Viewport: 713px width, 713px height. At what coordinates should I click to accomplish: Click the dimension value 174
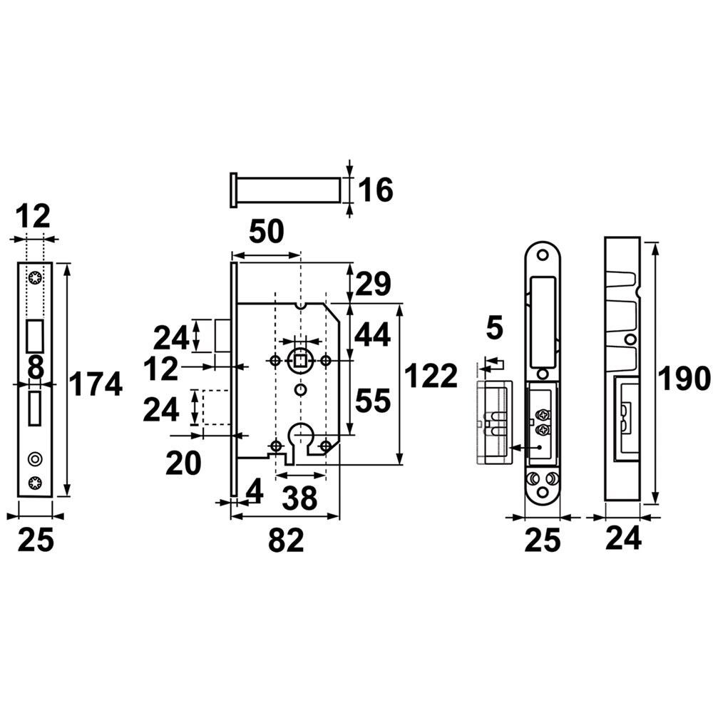(96, 384)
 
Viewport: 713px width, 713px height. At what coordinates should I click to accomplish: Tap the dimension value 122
(430, 376)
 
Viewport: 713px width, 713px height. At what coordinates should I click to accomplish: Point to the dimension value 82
(286, 540)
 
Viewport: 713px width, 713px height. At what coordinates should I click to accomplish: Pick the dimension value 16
(376, 190)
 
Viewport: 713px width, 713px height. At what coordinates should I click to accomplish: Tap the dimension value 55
(373, 401)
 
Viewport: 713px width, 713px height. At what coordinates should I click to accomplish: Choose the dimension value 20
(183, 463)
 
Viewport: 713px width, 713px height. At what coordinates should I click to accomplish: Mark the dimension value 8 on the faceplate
(36, 368)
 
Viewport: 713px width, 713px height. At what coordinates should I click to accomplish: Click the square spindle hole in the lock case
(300, 361)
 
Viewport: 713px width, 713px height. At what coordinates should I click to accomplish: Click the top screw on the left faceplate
(34, 277)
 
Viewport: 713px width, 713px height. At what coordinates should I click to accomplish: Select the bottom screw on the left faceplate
(34, 483)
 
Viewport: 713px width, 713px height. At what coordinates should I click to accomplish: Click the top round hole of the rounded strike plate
(542, 255)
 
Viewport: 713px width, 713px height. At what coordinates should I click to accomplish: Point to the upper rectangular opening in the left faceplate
(34, 336)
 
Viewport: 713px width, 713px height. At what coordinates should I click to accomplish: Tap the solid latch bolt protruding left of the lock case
(222, 336)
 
